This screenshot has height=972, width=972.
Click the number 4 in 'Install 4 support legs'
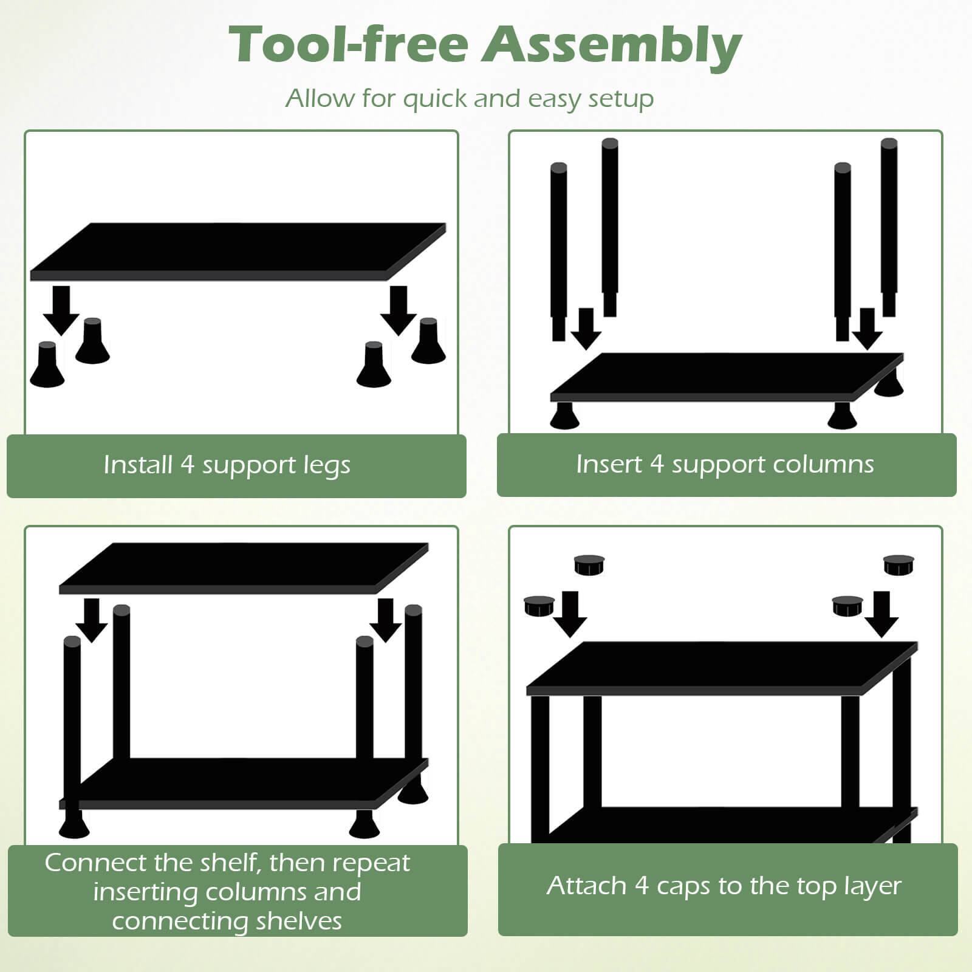pos(187,465)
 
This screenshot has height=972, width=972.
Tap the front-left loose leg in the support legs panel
pos(47,365)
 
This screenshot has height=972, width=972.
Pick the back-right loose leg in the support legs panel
pos(428,341)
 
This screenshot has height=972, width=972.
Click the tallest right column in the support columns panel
pos(889,228)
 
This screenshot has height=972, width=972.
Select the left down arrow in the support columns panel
pos(586,329)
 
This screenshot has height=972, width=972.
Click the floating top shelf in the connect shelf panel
pos(243,568)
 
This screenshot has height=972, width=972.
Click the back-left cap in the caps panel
pos(589,565)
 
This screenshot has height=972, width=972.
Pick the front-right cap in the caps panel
pos(848,605)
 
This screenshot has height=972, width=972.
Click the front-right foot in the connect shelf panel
pos(364,824)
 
